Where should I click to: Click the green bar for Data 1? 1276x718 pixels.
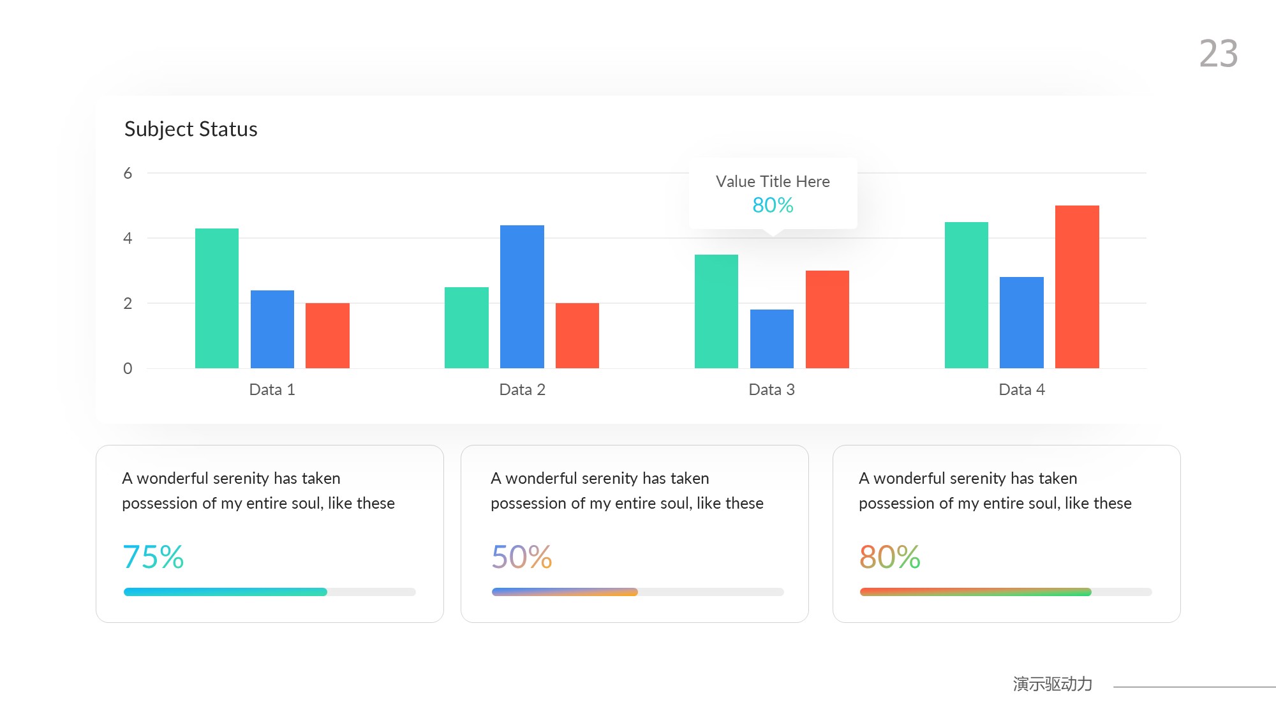coord(217,298)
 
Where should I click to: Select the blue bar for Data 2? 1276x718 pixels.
coord(522,296)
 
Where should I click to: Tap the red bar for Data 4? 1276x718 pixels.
coord(1077,287)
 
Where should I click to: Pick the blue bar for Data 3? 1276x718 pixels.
coord(772,338)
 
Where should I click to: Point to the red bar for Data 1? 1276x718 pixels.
coord(327,335)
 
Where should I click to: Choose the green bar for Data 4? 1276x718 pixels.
coord(966,295)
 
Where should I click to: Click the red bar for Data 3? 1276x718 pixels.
coord(827,319)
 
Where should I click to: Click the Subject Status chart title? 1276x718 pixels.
coord(191,129)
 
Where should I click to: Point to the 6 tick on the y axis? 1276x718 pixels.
coord(128,173)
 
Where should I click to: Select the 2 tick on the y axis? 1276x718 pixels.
coord(128,303)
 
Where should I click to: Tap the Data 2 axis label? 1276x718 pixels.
coord(522,389)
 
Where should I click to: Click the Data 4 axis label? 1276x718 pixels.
coord(1021,389)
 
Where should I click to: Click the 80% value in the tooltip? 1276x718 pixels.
coord(773,205)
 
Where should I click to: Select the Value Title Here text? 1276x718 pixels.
coord(773,181)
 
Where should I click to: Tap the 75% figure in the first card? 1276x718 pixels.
coord(153,557)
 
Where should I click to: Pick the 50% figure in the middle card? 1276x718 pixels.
coord(521,557)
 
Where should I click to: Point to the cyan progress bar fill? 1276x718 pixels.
coord(225,592)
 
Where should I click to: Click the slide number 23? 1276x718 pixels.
coord(1219,54)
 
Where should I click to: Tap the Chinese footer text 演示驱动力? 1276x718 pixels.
coord(1052,684)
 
